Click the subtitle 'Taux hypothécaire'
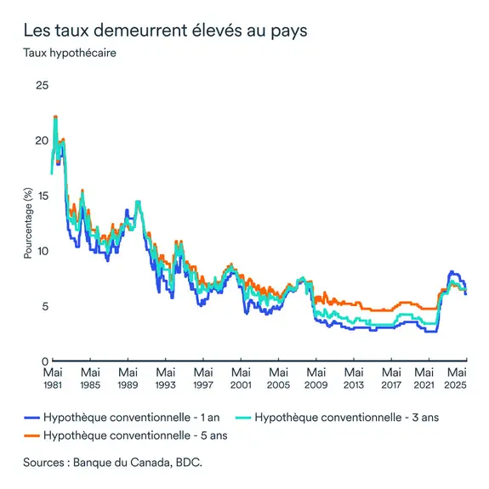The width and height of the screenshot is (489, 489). [x=70, y=53]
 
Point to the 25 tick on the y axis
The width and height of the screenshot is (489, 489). [x=41, y=85]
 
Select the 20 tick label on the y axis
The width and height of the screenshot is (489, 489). [x=41, y=140]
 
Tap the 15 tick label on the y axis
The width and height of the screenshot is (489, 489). [x=42, y=196]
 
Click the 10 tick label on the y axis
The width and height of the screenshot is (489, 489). [x=42, y=251]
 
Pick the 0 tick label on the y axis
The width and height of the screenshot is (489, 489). [x=44, y=361]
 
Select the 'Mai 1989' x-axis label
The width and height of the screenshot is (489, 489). [x=128, y=378]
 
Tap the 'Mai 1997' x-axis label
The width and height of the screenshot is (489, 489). [x=203, y=378]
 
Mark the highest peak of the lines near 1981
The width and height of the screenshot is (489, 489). [x=55, y=117]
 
